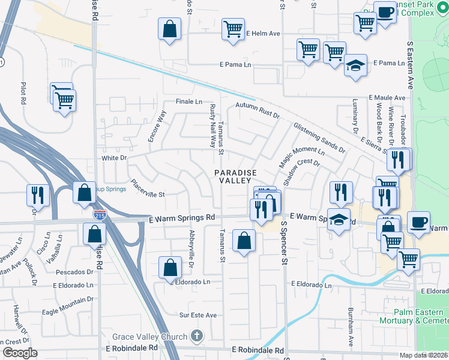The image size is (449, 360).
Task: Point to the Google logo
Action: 19,352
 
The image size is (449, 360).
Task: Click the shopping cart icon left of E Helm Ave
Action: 232,28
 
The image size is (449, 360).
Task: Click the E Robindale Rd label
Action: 258,350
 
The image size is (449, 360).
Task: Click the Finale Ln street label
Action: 188,101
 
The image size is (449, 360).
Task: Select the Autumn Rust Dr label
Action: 258,106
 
